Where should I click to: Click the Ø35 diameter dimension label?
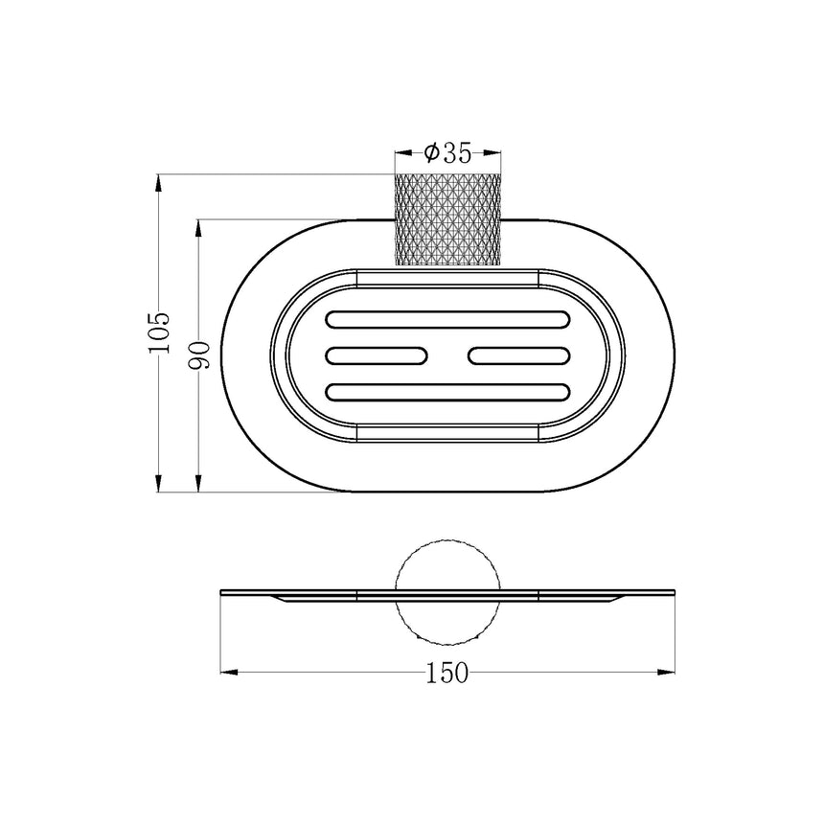coord(447,153)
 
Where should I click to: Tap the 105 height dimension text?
coord(159,332)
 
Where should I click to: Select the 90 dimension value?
coord(199,355)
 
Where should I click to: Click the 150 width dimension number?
coord(446,673)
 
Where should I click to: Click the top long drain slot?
coord(447,319)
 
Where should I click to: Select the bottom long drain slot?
coord(447,393)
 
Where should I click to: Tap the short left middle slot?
coord(377,355)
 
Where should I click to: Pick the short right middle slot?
coord(519,355)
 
